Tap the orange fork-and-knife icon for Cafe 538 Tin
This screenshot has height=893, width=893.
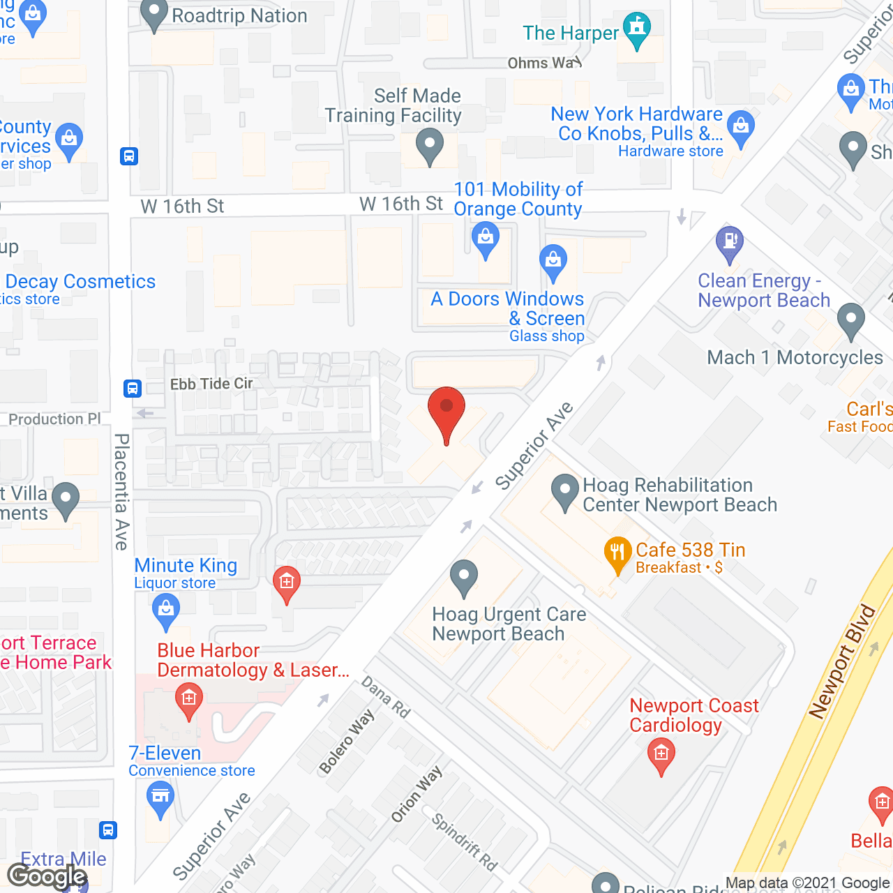pos(617,553)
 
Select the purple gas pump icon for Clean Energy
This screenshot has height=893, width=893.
pos(730,243)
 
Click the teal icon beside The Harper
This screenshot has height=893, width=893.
pos(636,29)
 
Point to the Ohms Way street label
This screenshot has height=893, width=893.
pos(544,63)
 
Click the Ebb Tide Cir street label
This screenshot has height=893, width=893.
pos(211,384)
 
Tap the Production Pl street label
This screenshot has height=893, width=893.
pos(54,419)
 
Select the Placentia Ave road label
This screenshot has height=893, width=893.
pos(121,492)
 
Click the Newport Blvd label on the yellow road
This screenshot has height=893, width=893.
pos(841,661)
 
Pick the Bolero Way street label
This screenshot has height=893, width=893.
pos(347,742)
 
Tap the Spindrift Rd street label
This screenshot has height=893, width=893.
pos(465,842)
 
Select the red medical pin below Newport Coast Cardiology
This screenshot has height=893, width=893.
pos(661,755)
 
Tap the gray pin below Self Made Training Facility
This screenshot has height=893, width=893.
pos(430,146)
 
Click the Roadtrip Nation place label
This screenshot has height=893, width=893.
pos(239,15)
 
